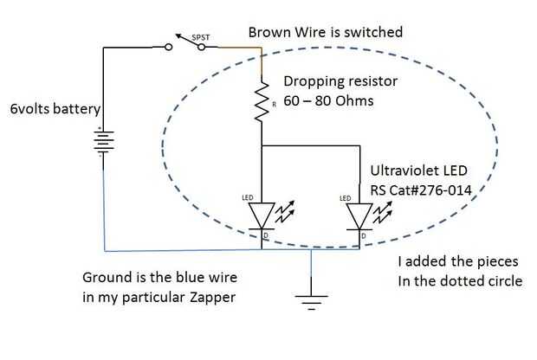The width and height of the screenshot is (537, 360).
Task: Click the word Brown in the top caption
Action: (269, 32)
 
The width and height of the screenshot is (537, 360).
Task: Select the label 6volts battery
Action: (51, 110)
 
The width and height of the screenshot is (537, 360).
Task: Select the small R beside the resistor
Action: (274, 104)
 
